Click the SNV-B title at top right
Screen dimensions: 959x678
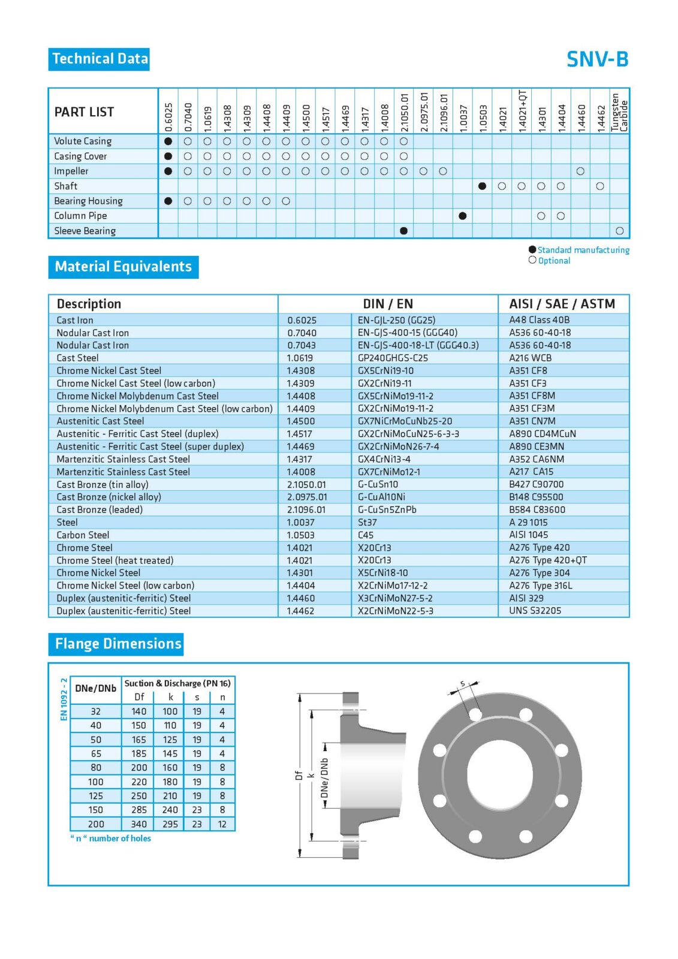tap(597, 59)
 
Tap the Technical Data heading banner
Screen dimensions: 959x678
tap(100, 59)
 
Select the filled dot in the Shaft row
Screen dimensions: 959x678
tap(482, 186)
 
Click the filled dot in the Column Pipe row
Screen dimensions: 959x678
tap(462, 216)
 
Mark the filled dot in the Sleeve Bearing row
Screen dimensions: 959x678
tap(403, 231)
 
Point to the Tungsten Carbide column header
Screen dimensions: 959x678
tap(619, 112)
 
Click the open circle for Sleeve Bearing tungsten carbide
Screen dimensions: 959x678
tap(619, 231)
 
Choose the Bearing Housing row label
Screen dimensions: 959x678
tap(88, 201)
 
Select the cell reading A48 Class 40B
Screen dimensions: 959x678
tap(539, 320)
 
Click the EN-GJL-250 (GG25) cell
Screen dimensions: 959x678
tap(396, 320)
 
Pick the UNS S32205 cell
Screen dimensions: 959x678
tap(535, 611)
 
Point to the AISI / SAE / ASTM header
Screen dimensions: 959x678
tap(562, 304)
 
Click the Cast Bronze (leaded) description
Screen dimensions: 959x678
tap(100, 509)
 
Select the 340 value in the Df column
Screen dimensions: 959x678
tap(139, 824)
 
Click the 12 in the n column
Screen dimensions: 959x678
tap(222, 824)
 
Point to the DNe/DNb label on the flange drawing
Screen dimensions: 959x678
tap(324, 779)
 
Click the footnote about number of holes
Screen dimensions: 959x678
tap(112, 839)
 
